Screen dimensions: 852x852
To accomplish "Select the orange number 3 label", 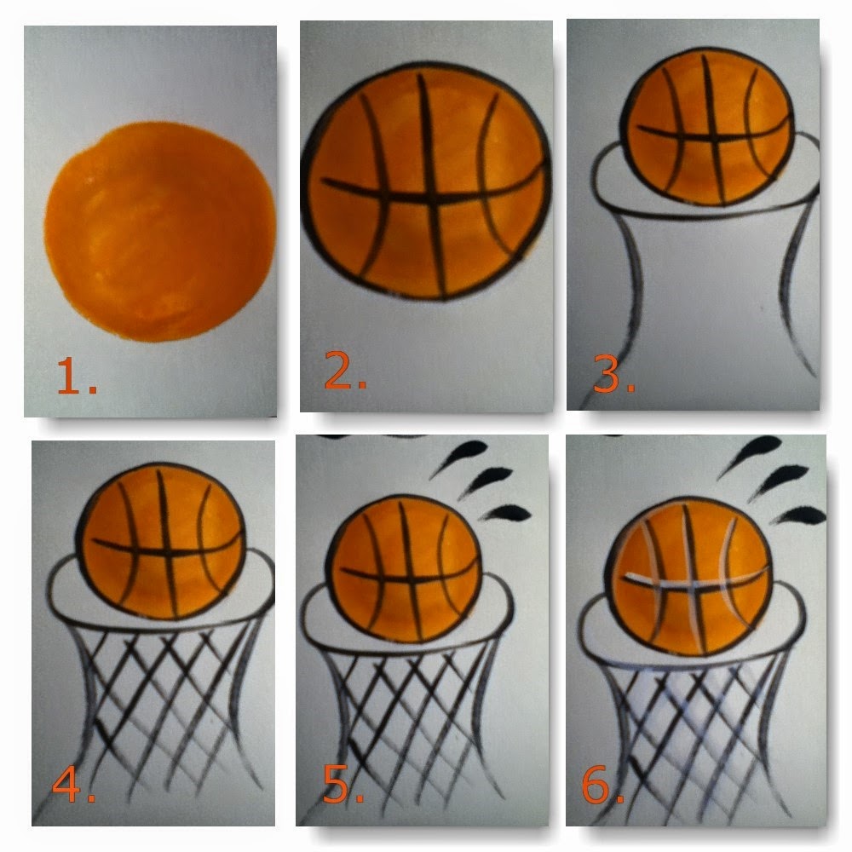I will pos(613,375).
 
